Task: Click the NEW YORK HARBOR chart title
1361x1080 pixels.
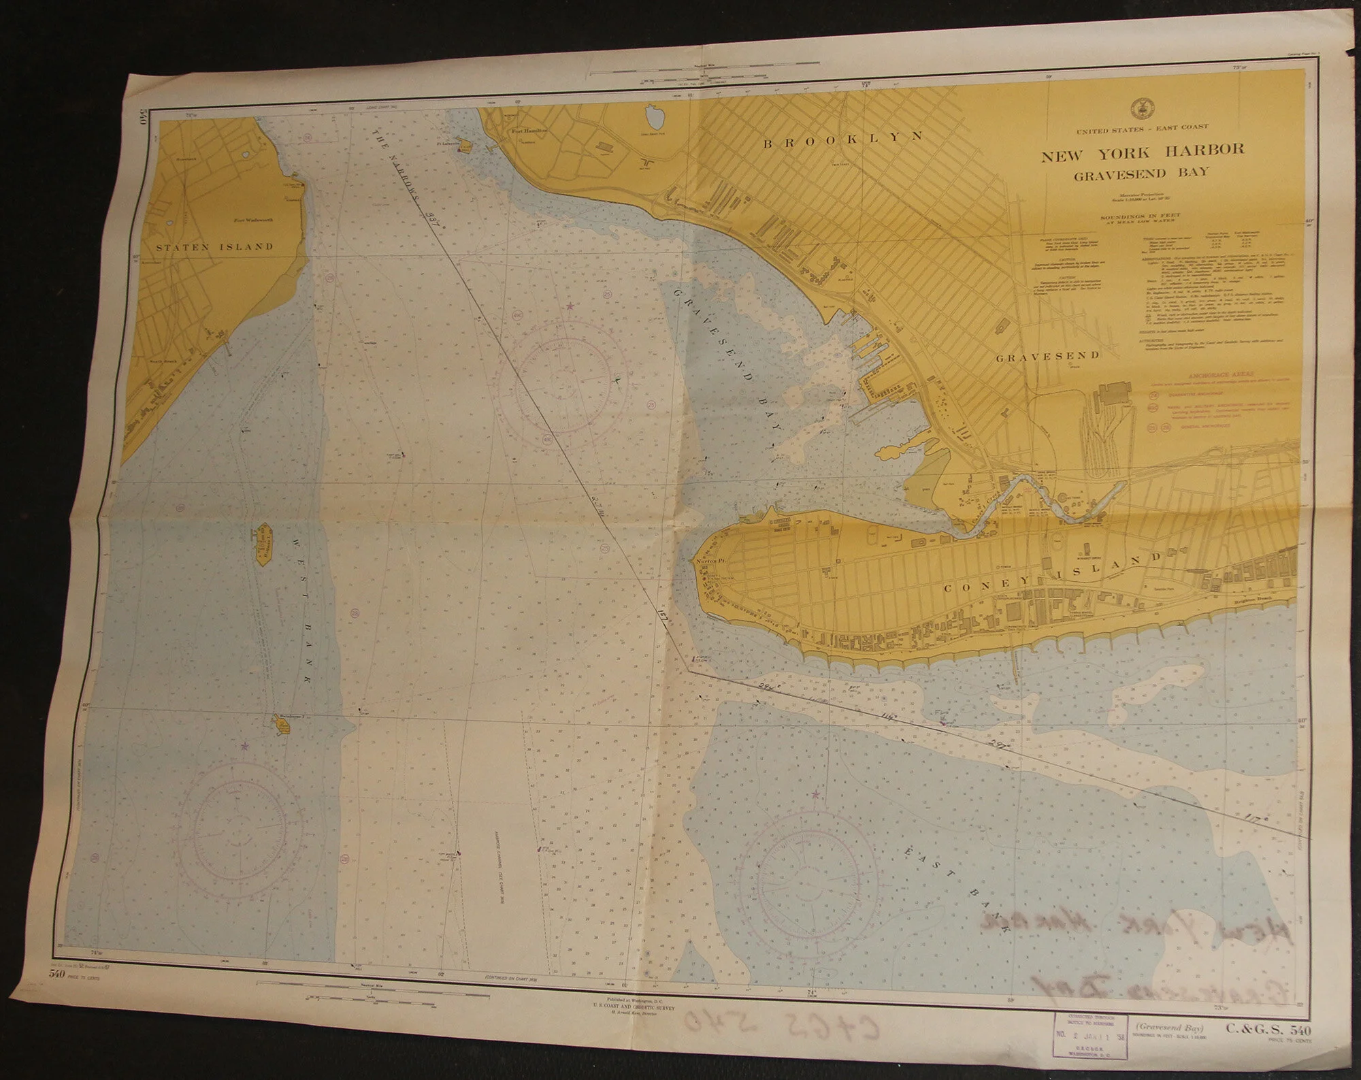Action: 1142,150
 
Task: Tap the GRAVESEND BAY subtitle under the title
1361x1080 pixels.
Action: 1141,173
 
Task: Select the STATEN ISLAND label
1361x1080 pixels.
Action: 215,246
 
